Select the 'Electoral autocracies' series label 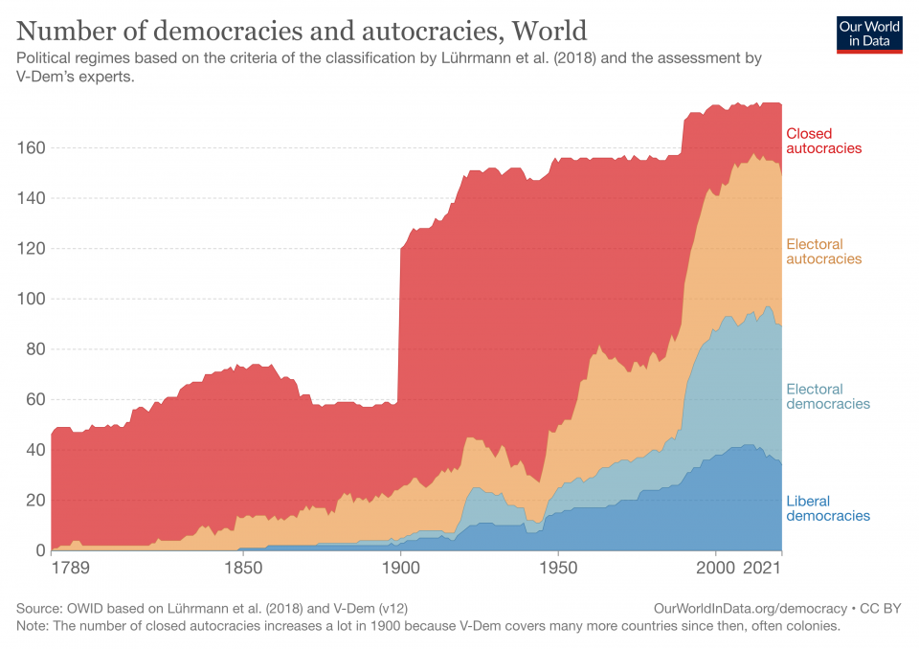point(823,252)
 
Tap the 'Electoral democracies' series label point(827,396)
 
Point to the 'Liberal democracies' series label point(827,508)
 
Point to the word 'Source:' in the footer point(39,609)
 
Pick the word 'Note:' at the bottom point(34,626)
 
